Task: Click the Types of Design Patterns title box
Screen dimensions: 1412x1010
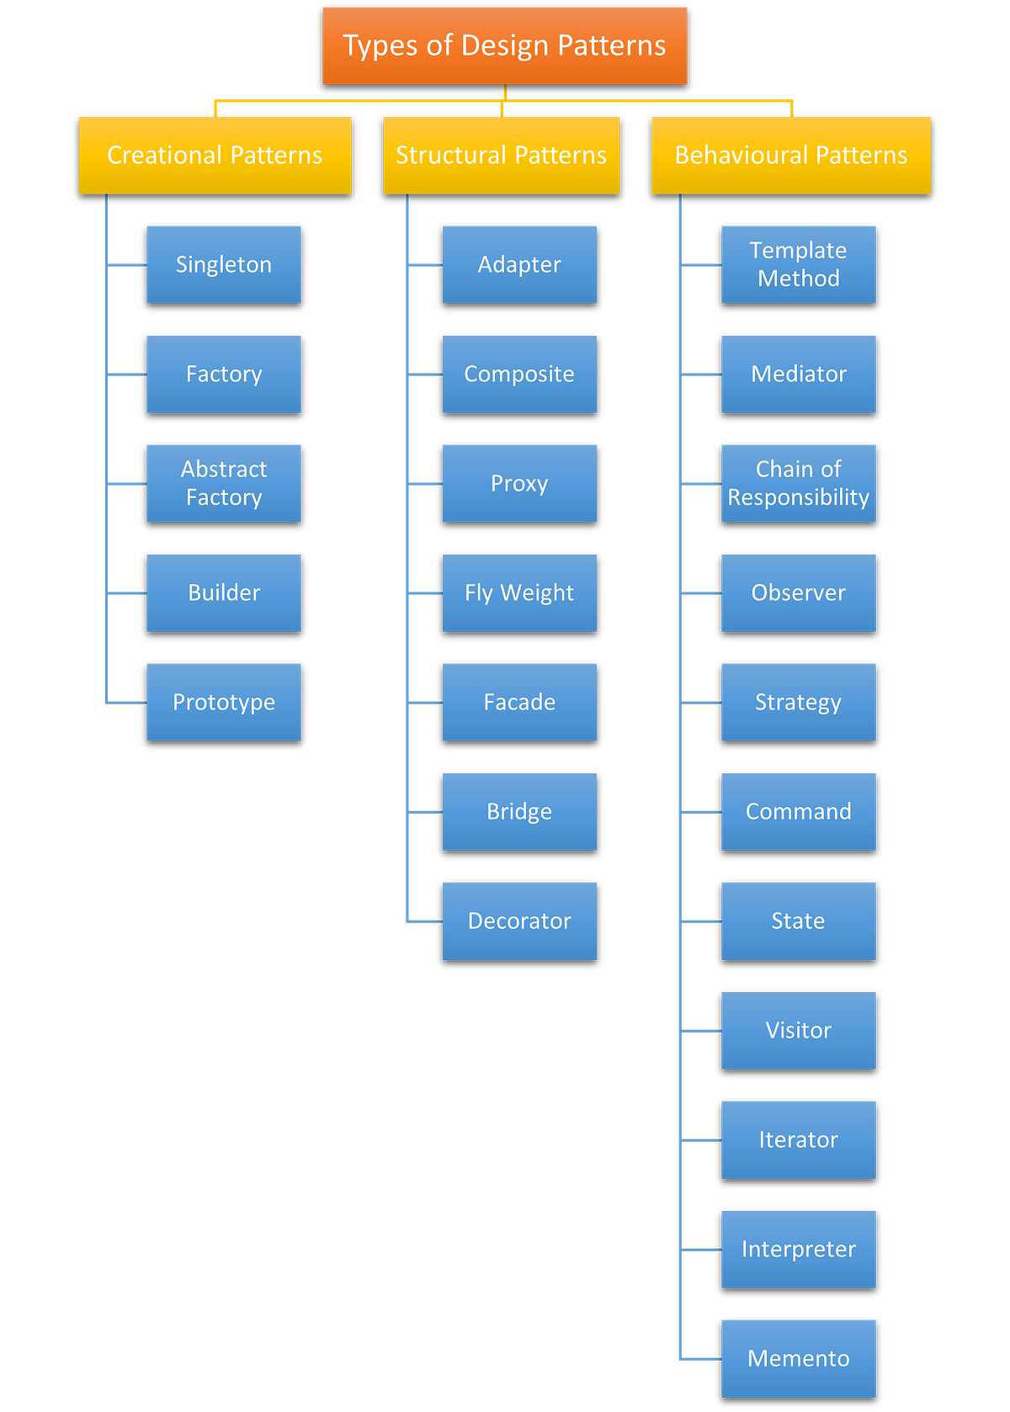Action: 504,45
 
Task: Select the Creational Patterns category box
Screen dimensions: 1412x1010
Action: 215,156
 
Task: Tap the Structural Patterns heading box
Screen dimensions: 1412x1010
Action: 501,156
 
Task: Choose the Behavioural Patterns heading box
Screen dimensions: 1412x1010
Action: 790,156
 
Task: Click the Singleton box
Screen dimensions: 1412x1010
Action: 223,264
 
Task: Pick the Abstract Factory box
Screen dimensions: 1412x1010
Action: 223,483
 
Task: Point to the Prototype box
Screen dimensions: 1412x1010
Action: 223,702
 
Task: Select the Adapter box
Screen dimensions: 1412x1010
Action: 519,264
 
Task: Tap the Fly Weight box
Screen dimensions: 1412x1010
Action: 519,592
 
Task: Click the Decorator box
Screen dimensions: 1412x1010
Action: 519,921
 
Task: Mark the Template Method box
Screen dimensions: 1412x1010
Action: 798,264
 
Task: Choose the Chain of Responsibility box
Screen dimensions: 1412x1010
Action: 798,483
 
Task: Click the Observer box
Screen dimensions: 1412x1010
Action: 798,592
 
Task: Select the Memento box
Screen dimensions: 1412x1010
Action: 798,1358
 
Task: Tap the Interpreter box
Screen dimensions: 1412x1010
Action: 798,1249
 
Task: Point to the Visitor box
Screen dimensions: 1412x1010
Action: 798,1030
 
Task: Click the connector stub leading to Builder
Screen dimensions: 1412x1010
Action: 127,593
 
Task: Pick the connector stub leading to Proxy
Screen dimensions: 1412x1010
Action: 426,484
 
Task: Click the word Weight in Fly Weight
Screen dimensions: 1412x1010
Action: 537,593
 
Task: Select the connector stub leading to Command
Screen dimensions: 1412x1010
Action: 702,812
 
